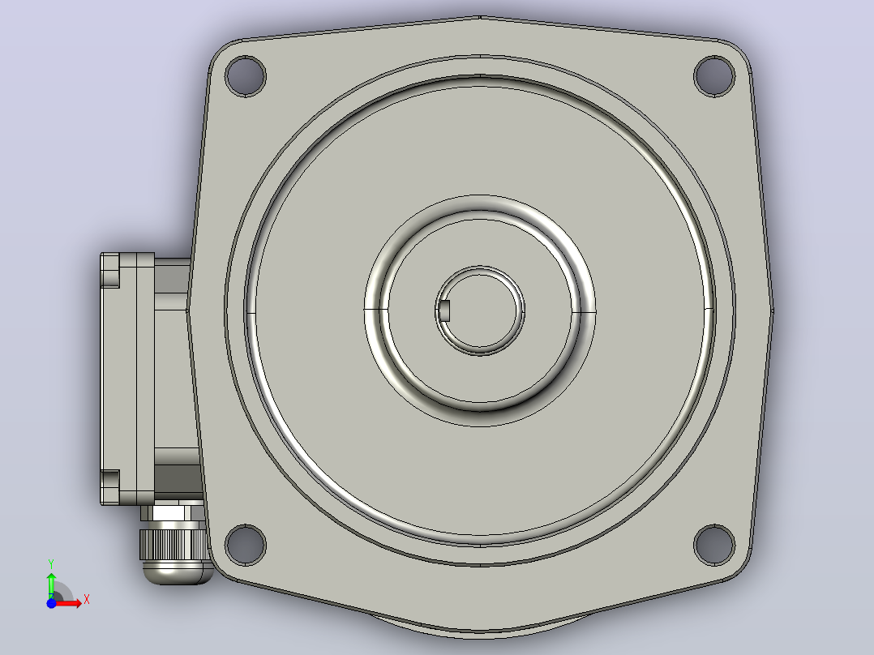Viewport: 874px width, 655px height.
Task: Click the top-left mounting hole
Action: point(245,76)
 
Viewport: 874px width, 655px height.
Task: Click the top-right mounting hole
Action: point(714,76)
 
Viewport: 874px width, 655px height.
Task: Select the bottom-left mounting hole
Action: point(245,545)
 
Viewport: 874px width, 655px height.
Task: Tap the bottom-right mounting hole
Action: point(714,545)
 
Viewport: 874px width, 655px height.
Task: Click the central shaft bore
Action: point(480,310)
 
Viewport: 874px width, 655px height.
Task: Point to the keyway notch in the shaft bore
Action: point(444,310)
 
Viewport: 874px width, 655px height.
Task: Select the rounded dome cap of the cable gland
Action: point(178,572)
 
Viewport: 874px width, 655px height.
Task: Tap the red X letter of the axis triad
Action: point(87,600)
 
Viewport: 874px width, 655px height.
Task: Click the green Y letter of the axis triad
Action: point(51,564)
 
